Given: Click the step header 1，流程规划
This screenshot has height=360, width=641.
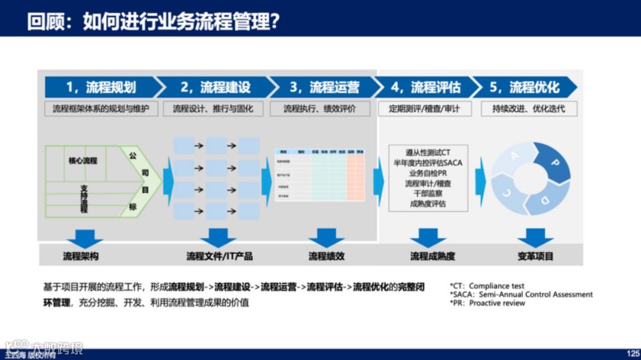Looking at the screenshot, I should [x=101, y=87].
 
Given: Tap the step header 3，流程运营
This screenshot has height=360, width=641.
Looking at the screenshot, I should [x=324, y=87].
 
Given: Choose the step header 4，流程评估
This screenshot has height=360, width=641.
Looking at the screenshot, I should [x=425, y=87].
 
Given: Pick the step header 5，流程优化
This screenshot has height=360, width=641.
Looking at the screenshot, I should [x=524, y=87].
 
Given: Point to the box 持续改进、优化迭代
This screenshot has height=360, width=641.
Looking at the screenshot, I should [x=528, y=109].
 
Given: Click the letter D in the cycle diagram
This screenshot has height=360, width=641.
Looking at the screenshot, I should [x=545, y=199].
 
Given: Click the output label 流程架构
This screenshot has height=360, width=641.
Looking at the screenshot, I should [x=81, y=256].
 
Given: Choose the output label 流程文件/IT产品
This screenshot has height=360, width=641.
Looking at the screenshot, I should [x=219, y=256].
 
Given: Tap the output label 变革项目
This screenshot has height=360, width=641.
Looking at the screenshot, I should [x=535, y=256].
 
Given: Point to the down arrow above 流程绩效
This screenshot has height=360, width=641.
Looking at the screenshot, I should [x=326, y=238].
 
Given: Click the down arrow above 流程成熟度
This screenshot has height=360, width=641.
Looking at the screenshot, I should [x=428, y=238].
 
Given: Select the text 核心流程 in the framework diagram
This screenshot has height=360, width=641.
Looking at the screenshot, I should [x=83, y=161].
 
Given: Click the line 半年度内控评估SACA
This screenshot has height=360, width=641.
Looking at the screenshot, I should [x=428, y=163].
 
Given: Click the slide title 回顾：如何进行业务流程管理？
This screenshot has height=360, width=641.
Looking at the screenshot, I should [x=153, y=22].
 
